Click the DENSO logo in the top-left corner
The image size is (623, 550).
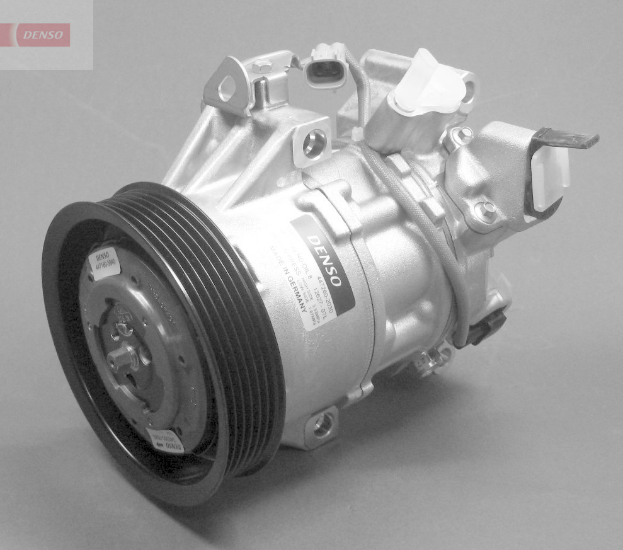click(x=42, y=35)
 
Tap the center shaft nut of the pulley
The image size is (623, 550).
click(x=122, y=359)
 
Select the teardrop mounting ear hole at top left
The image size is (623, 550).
click(x=226, y=88)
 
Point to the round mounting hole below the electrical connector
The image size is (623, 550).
click(x=313, y=144)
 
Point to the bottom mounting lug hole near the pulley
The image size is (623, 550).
click(x=323, y=426)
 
